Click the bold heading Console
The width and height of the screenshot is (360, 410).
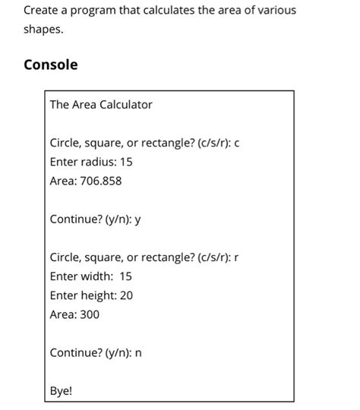coord(50,65)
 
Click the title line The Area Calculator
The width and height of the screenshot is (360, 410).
coord(101,105)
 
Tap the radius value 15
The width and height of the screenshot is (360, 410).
coord(125,162)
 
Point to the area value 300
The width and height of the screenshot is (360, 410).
coord(90,314)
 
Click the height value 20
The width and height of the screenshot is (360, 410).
coord(126,295)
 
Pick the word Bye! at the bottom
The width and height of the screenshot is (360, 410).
coord(61,392)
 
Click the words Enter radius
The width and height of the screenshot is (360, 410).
coord(81,162)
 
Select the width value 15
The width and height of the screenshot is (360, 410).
coord(125,276)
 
